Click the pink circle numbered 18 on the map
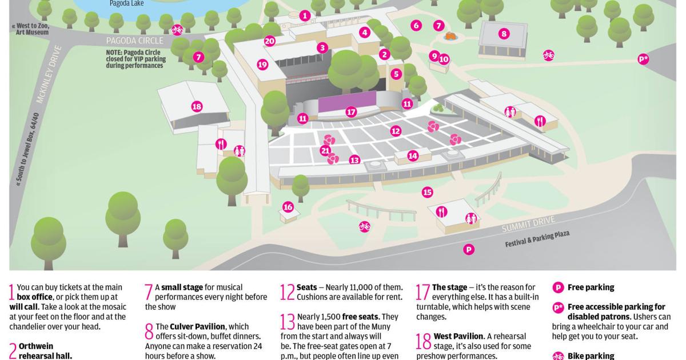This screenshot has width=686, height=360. pyautogui.click(x=197, y=106)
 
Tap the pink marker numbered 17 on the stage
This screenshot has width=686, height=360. pyautogui.click(x=351, y=112)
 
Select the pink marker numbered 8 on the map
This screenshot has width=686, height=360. pyautogui.click(x=503, y=34)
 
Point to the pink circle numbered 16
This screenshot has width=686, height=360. pyautogui.click(x=288, y=207)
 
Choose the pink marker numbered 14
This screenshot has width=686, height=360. pyautogui.click(x=413, y=155)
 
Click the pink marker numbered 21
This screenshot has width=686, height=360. pyautogui.click(x=325, y=151)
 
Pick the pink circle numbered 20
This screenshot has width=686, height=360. pyautogui.click(x=270, y=41)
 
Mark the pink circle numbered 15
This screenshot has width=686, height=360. pyautogui.click(x=427, y=192)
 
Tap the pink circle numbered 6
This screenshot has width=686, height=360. pyautogui.click(x=416, y=25)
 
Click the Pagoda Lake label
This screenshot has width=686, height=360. pyautogui.click(x=127, y=3)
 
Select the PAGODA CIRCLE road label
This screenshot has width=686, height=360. pyautogui.click(x=135, y=41)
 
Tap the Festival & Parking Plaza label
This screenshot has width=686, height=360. pyautogui.click(x=537, y=238)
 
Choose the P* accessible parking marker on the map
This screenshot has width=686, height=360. pyautogui.click(x=643, y=59)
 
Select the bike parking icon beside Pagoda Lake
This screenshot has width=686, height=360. pyautogui.click(x=177, y=29)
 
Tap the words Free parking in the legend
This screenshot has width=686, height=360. pyautogui.click(x=591, y=287)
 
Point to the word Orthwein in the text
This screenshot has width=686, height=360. pyautogui.click(x=36, y=346)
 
